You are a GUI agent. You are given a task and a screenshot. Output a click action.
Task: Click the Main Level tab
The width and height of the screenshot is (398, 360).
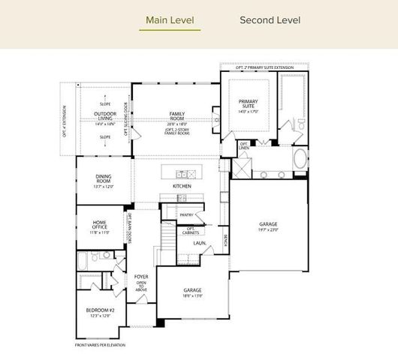click(169, 19)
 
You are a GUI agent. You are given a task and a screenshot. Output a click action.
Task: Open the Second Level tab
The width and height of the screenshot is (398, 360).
click(270, 19)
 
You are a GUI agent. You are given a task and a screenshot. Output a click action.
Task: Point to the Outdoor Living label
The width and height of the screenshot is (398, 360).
click(104, 115)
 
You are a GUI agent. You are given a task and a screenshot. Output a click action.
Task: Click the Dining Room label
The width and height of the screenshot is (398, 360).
click(103, 178)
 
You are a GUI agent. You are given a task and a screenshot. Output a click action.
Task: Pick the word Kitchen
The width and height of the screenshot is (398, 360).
click(182, 185)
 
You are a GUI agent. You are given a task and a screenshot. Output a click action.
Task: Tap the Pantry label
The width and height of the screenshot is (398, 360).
click(186, 215)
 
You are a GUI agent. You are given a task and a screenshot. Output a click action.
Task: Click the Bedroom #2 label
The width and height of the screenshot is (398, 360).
click(101, 310)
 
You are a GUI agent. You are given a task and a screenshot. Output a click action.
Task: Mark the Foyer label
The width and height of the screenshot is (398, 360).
click(141, 277)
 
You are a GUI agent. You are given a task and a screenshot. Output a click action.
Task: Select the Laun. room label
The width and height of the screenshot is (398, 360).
click(199, 243)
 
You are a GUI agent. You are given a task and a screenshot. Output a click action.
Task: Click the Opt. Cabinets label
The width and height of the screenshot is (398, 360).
click(191, 230)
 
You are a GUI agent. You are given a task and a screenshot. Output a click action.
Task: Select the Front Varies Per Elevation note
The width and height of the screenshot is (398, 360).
click(100, 345)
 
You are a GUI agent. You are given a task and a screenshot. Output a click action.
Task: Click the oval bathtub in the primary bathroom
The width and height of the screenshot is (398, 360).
click(300, 159)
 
